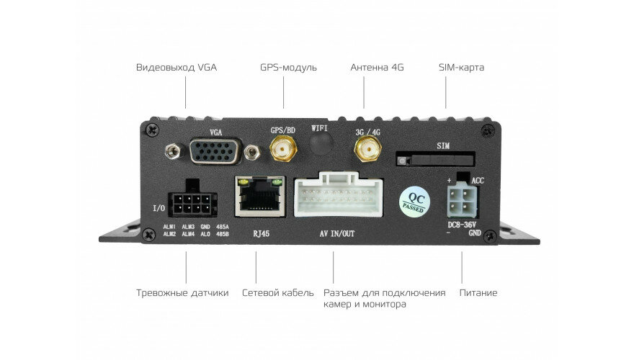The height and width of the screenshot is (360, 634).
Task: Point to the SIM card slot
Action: point(434,158)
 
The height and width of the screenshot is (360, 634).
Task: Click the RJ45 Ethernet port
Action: point(259,196)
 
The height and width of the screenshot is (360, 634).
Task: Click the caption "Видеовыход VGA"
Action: point(176,68)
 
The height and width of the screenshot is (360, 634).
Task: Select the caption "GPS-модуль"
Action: point(288,68)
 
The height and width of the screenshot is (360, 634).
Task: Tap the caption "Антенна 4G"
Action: point(377,68)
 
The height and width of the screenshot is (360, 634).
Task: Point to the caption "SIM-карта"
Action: point(461,68)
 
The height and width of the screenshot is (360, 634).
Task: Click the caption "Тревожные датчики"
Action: point(182,293)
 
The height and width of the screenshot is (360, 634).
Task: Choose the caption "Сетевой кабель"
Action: point(278,293)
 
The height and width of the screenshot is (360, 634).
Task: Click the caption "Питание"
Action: point(478,293)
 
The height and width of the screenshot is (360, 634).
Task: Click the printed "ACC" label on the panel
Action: point(477,181)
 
